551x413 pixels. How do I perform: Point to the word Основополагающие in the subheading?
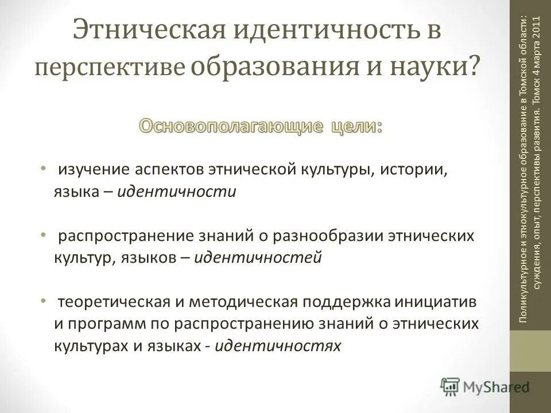[x=230, y=126]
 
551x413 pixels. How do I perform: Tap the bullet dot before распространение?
[x=44, y=235]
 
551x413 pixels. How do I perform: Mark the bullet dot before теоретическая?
[x=44, y=301]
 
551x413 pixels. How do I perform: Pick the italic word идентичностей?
[x=258, y=258]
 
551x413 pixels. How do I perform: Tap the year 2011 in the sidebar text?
[x=537, y=36]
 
